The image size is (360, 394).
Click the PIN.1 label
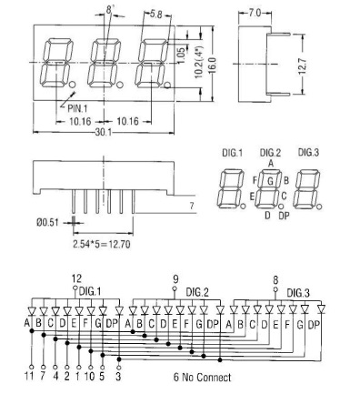(77, 108)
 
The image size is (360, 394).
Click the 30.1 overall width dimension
(104, 132)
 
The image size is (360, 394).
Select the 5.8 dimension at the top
(156, 15)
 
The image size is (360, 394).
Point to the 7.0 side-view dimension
(255, 13)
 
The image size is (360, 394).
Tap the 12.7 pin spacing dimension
(302, 66)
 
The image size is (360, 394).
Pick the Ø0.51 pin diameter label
(47, 223)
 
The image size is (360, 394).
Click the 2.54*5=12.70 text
(102, 244)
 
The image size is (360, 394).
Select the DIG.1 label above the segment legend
(233, 153)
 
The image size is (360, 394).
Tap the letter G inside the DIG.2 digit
(270, 181)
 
